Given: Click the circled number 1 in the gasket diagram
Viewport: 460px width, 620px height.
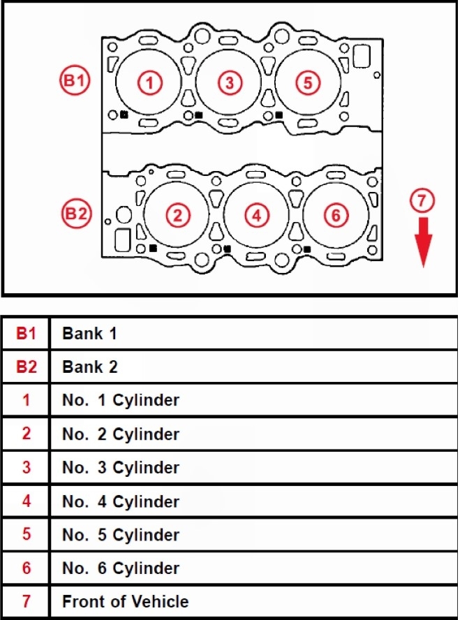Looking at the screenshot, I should click(149, 83).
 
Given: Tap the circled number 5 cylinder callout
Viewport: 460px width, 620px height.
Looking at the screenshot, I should click(307, 83).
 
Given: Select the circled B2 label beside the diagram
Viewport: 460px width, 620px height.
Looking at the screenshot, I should click(75, 214).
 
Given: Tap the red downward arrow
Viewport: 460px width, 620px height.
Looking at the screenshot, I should click(423, 241).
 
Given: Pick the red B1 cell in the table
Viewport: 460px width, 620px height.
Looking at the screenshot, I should click(26, 333).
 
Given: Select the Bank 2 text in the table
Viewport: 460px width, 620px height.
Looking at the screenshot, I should click(90, 367).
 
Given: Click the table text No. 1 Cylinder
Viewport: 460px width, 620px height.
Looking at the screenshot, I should click(121, 400).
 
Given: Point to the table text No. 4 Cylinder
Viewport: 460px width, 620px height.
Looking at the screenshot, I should click(121, 501).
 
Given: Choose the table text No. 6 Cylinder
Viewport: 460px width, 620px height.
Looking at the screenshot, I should click(121, 568).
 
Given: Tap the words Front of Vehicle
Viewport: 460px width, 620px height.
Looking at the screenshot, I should click(125, 601).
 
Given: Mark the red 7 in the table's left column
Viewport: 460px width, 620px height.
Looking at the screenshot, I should click(26, 601).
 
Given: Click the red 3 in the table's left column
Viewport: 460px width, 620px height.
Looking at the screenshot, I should click(26, 467).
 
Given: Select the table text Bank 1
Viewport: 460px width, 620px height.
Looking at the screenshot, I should click(89, 333).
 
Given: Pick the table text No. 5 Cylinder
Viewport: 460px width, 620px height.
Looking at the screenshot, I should click(121, 535).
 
